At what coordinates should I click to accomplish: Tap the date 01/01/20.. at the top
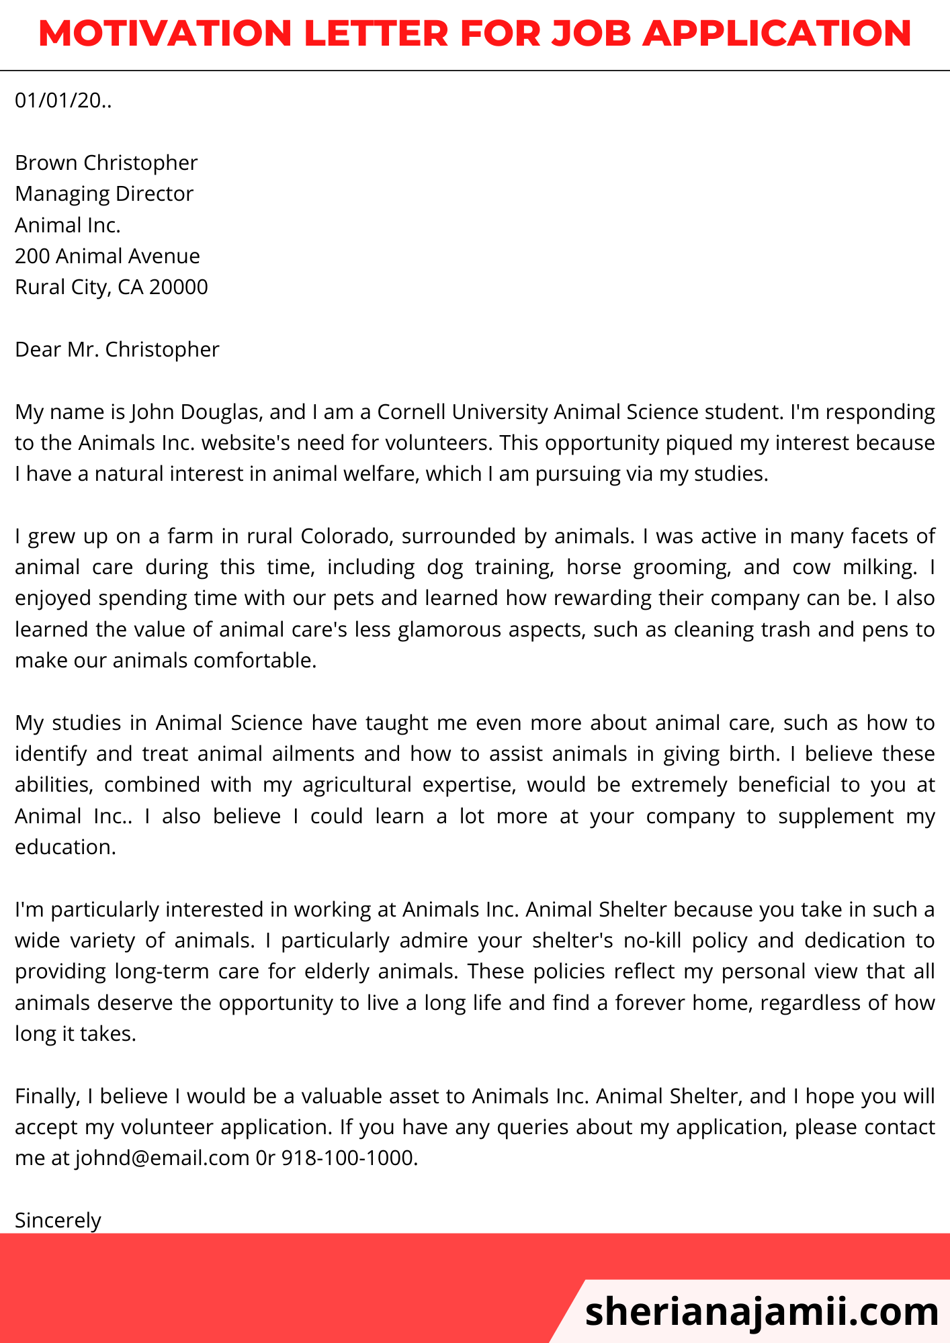pyautogui.click(x=63, y=101)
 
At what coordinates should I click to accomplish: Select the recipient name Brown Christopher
pyautogui.click(x=106, y=163)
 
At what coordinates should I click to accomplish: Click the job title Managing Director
pyautogui.click(x=104, y=194)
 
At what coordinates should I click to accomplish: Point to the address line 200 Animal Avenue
pyautogui.click(x=107, y=256)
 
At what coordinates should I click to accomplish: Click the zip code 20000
pyautogui.click(x=179, y=287)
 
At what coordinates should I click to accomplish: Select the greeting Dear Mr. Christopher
pyautogui.click(x=117, y=349)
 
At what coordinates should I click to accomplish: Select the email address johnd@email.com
pyautogui.click(x=162, y=1158)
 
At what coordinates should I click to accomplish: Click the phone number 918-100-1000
pyautogui.click(x=349, y=1158)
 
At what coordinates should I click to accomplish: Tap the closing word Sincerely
pyautogui.click(x=58, y=1220)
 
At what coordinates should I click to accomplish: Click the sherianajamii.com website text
pyautogui.click(x=761, y=1311)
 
